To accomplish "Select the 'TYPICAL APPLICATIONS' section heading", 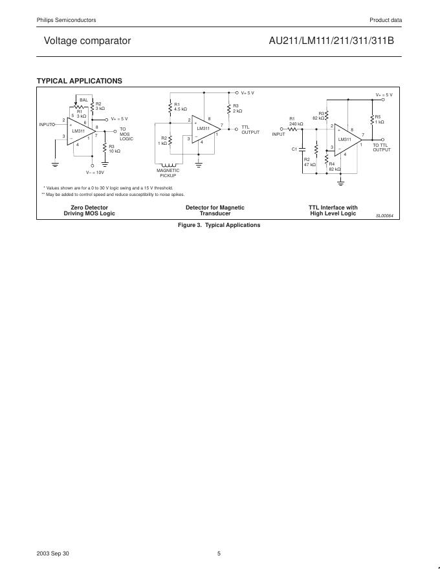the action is pos(80,81).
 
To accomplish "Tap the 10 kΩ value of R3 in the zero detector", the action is pos(115,151).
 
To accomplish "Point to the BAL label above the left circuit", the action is pos(83,100).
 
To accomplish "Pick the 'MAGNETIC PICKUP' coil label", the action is pos(168,173).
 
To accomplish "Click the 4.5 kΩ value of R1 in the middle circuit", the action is pos(181,109).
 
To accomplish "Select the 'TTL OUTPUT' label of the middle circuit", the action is pos(250,130).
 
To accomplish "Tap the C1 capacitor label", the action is pos(294,149).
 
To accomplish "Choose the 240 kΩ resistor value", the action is pos(296,123).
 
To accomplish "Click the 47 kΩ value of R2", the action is pos(309,165).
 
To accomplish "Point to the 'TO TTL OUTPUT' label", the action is pos(382,147).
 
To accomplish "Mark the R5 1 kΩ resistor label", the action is pos(379,120).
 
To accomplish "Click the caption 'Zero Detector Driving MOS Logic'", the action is pos(89,210).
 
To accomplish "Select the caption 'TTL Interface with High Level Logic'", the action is pos(333,210).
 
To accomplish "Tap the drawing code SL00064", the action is pos(384,215).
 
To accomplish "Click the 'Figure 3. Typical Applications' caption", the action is pos(219,225).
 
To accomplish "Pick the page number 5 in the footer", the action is pos(219,553).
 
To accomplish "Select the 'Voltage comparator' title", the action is pos(87,41).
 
